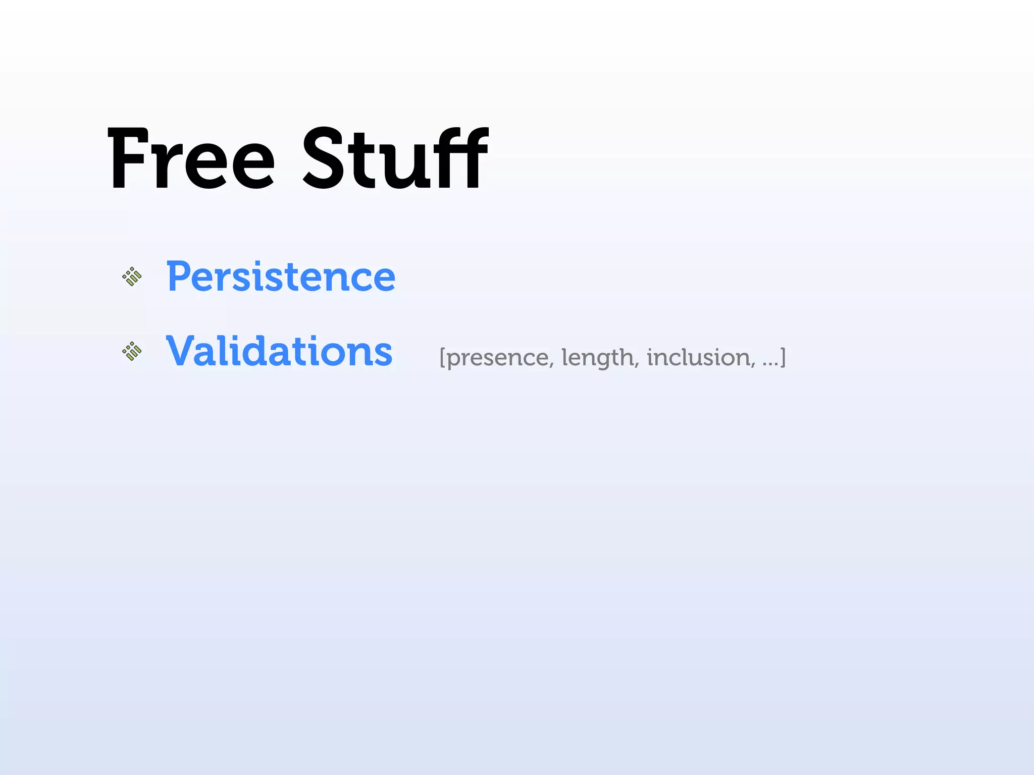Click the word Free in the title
[191, 159]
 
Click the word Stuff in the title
[395, 158]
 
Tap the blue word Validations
[279, 351]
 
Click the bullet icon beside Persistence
[132, 276]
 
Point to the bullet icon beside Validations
[132, 351]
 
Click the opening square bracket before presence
[442, 358]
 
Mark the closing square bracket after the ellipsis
[783, 358]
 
